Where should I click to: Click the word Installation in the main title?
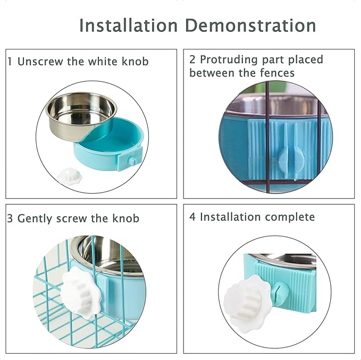129,25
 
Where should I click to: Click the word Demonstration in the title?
250,25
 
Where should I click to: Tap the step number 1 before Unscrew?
10,62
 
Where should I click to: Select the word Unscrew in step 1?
40,62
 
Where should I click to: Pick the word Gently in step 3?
35,219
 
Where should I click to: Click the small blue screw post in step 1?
132,160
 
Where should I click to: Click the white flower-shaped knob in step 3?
80,293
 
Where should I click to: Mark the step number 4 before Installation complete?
192,217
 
